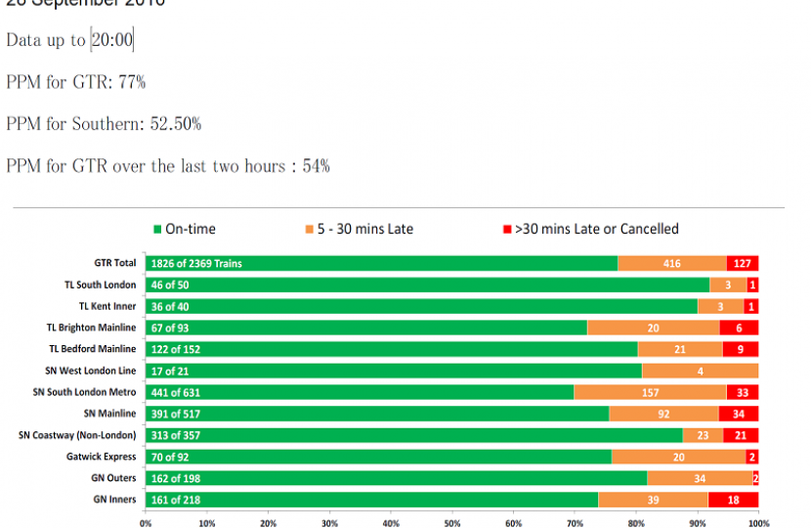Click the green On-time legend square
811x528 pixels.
click(156, 230)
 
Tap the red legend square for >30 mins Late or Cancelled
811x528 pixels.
click(506, 230)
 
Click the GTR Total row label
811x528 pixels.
click(115, 263)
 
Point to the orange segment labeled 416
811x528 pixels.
click(672, 263)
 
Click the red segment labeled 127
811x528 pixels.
click(743, 263)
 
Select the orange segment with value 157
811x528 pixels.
click(650, 392)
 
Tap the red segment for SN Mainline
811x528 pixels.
click(739, 414)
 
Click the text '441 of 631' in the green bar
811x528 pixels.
click(177, 392)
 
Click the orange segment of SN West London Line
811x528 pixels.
click(701, 371)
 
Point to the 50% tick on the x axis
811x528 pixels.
click(451, 523)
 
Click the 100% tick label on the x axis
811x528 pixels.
click(758, 523)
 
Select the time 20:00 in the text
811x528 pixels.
click(112, 40)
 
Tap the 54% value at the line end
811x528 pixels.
click(316, 166)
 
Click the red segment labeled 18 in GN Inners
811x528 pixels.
click(733, 500)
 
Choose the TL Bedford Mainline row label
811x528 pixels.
click(92, 349)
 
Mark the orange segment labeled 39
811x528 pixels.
click(653, 500)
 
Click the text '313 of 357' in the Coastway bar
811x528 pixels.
click(176, 435)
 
